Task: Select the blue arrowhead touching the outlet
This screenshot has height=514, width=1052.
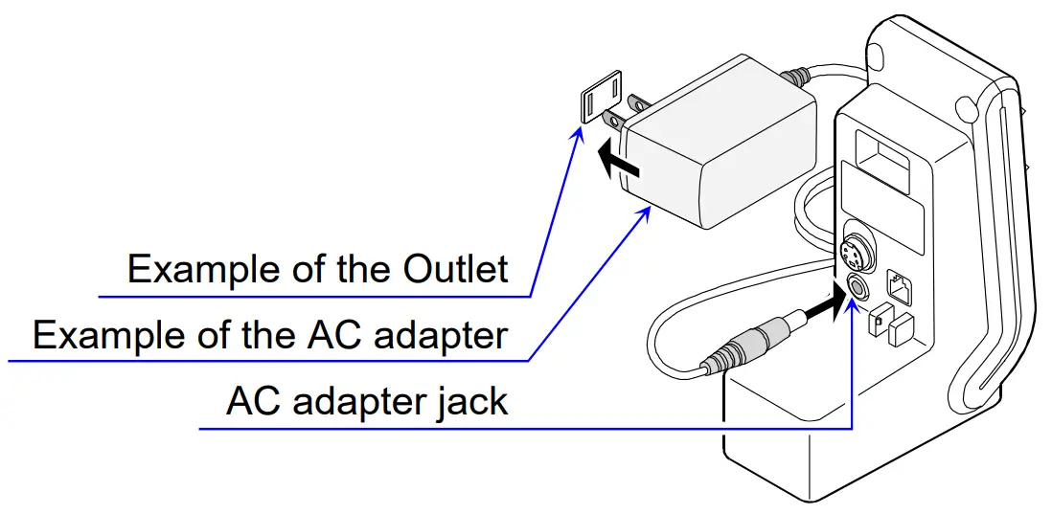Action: click(577, 135)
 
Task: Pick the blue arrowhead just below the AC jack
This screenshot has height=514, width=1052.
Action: click(852, 307)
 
